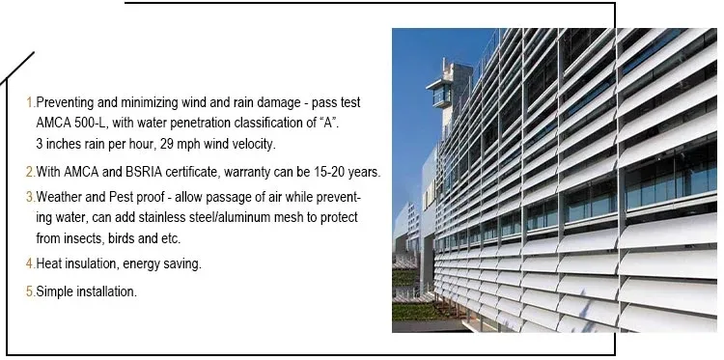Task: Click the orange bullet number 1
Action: pyautogui.click(x=29, y=101)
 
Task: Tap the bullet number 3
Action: pyautogui.click(x=29, y=196)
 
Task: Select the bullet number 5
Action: pyautogui.click(x=29, y=291)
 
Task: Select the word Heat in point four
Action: pyautogui.click(x=50, y=263)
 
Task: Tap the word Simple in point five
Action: pyautogui.click(x=55, y=291)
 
